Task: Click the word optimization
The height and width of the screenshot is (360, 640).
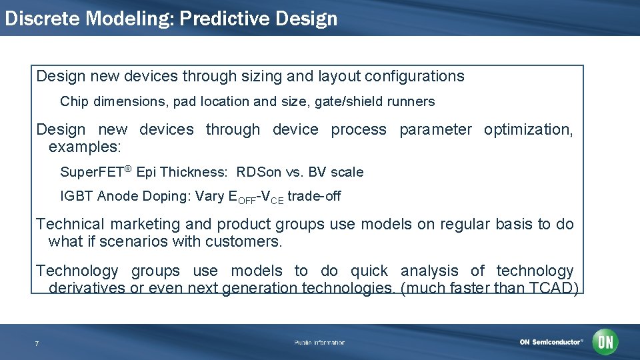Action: point(528,130)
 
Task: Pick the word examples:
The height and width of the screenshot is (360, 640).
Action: point(84,147)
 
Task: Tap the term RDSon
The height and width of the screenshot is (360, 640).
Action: point(259,172)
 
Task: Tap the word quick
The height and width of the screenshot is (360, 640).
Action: point(369,271)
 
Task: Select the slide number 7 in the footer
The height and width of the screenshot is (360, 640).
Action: point(37,343)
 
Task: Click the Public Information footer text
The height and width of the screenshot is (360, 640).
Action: point(320,343)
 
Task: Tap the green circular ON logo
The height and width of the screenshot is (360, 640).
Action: point(605,342)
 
